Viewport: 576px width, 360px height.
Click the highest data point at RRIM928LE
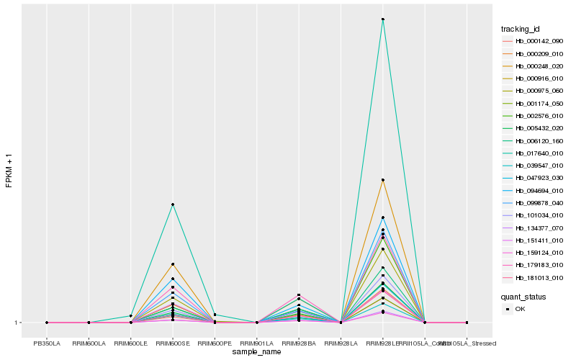[383, 19]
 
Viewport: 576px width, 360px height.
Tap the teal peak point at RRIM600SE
[173, 205]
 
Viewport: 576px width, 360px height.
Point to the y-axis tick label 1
[17, 323]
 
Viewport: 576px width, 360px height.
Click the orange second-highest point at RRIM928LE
[383, 180]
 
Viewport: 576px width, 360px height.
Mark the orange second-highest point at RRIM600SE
[173, 264]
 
